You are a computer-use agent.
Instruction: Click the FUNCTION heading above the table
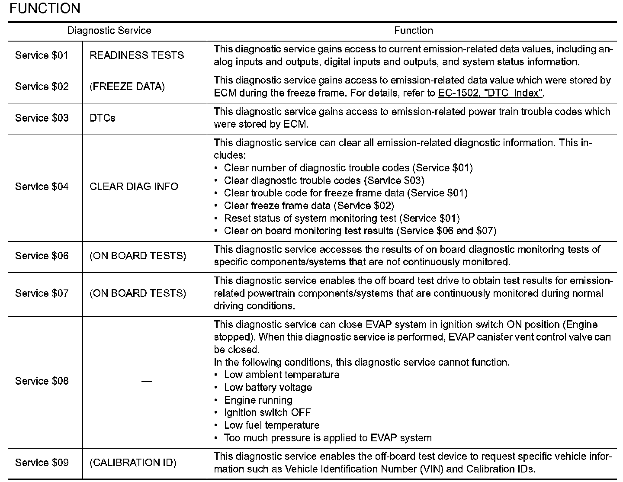point(45,8)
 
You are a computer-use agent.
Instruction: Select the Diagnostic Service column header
point(109,31)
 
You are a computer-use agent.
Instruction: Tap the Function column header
point(413,31)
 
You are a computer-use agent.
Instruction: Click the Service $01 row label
point(42,55)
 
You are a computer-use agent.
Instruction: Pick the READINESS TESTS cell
point(137,55)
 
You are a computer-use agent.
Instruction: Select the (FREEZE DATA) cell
point(127,87)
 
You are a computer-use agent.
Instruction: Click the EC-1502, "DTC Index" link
point(490,93)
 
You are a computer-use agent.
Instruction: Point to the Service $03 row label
point(42,118)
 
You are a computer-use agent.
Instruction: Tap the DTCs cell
point(103,118)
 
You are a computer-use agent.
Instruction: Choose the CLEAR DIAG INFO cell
point(134,186)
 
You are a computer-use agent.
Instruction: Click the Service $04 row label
point(42,186)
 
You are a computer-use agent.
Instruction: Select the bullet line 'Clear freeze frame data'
point(308,206)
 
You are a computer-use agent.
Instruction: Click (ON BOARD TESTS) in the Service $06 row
point(138,256)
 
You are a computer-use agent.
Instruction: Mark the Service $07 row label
point(42,293)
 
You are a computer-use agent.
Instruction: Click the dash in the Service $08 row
point(146,381)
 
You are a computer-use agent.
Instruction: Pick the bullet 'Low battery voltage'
point(268,387)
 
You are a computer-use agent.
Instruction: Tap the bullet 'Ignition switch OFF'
point(267,412)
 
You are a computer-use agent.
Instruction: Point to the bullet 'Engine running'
point(258,400)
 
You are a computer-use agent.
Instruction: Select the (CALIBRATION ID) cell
point(133,463)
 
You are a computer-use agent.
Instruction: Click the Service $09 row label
point(42,463)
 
